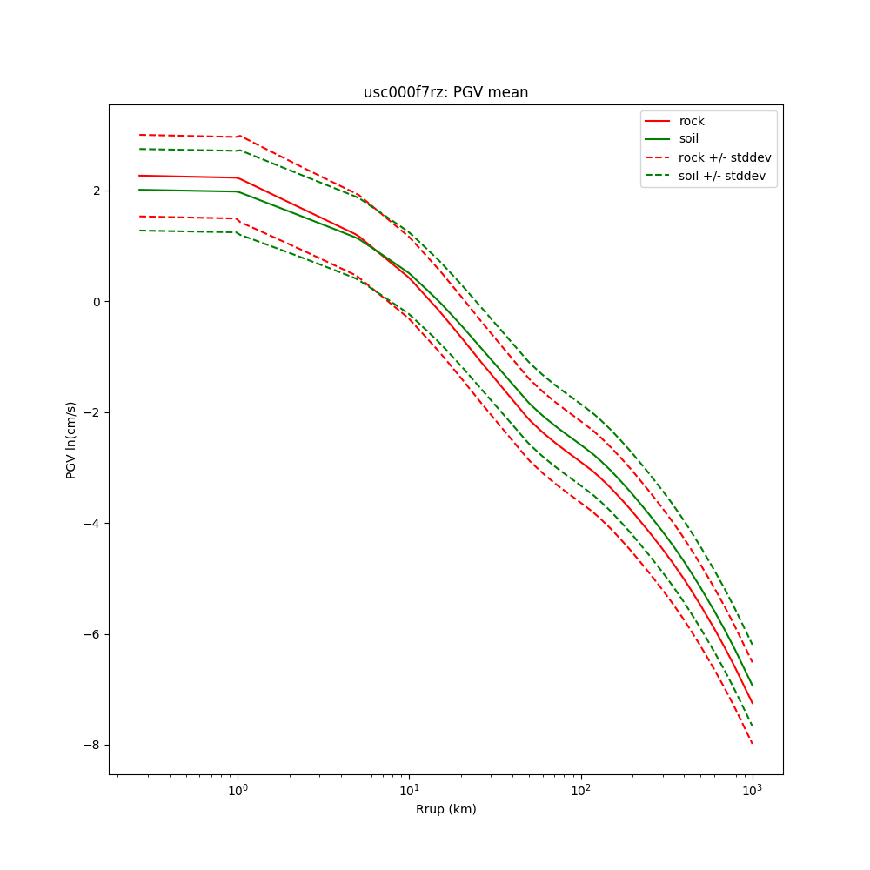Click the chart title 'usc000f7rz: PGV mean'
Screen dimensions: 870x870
pos(445,92)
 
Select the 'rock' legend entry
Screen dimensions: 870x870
pos(692,121)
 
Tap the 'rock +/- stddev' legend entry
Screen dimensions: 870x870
pos(724,157)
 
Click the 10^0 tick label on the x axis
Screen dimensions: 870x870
pos(238,790)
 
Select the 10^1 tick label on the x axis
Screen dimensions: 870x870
pos(409,790)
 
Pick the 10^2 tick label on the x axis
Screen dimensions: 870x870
pos(580,790)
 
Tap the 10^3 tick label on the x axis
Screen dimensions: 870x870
pos(752,790)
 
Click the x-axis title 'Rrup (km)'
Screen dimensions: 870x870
pos(445,809)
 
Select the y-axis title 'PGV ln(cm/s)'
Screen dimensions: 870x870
pos(71,439)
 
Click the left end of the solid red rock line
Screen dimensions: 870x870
pos(139,176)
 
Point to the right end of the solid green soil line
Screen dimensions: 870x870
pos(752,686)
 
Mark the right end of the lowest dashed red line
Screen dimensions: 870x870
pos(752,744)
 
